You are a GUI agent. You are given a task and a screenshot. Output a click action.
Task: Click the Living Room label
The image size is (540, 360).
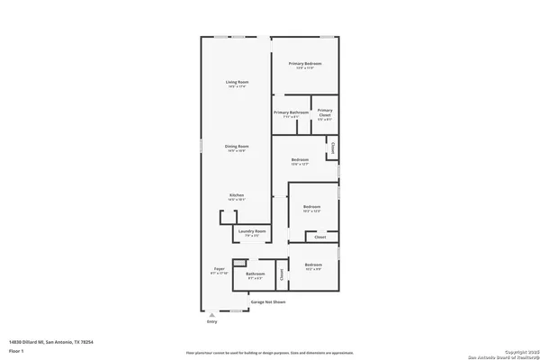237,83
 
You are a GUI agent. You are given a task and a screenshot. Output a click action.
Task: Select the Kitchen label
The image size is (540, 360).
237,195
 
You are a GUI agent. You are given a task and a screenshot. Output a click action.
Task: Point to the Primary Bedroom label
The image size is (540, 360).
305,63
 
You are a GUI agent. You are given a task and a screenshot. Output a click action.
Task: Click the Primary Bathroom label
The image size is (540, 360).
291,112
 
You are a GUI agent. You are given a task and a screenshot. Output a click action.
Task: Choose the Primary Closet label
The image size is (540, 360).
325,114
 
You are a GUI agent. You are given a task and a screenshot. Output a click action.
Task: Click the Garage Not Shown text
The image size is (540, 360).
268,301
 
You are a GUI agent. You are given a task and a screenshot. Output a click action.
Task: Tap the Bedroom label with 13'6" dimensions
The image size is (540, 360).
300,160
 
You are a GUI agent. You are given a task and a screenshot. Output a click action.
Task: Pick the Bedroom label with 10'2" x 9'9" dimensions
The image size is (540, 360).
313,265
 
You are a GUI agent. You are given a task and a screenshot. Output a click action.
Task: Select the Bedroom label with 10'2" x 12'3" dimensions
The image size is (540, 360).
311,208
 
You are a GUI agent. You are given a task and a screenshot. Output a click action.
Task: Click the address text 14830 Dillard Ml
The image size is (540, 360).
51,342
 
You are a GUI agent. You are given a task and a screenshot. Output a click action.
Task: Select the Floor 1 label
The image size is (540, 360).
15,350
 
